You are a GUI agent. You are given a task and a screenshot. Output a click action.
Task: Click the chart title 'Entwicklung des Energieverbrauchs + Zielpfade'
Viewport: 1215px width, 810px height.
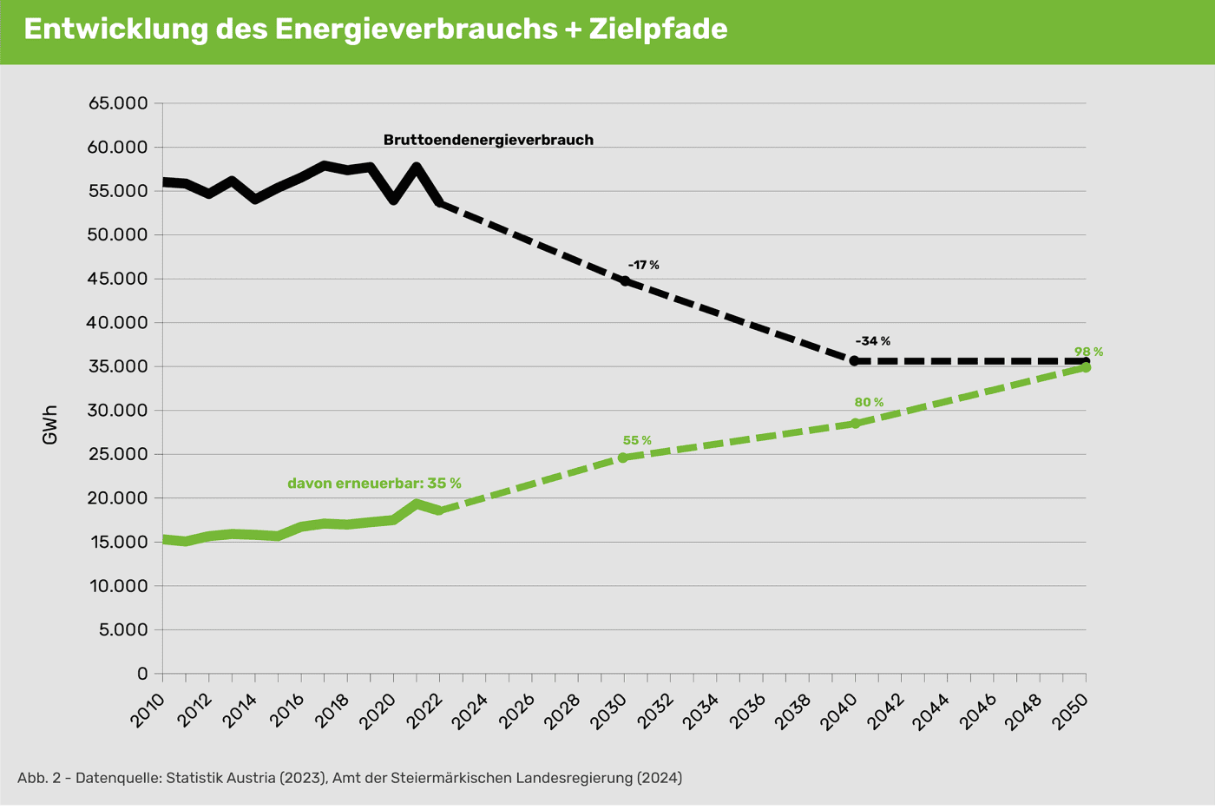click(375, 30)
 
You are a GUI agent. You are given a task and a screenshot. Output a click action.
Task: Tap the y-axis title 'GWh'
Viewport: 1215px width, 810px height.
click(49, 425)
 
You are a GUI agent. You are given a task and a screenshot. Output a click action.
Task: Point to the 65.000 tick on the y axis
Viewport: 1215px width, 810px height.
click(118, 103)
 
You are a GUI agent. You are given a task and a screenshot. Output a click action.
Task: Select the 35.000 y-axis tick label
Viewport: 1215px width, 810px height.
click(118, 366)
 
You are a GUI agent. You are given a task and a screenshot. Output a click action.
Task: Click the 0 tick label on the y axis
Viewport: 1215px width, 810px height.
click(142, 674)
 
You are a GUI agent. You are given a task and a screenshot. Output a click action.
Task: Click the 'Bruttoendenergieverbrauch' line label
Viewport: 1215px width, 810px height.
click(488, 140)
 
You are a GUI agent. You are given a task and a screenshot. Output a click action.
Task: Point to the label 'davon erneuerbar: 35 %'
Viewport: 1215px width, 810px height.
click(374, 484)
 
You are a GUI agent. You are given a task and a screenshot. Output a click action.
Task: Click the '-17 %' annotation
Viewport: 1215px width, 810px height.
click(643, 265)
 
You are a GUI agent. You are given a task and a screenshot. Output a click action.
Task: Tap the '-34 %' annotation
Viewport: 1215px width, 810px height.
click(872, 341)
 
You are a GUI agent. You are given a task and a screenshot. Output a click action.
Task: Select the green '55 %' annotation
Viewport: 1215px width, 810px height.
click(636, 441)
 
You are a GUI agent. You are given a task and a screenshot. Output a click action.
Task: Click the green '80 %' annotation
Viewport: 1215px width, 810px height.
click(868, 403)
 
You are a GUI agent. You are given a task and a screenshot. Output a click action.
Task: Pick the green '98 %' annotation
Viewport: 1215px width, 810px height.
click(1088, 352)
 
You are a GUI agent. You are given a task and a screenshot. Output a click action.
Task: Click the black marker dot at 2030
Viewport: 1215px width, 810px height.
click(625, 281)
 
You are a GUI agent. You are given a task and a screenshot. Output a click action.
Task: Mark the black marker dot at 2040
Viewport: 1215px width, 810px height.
click(855, 360)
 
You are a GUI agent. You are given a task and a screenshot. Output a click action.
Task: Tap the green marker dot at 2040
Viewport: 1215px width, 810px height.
click(855, 424)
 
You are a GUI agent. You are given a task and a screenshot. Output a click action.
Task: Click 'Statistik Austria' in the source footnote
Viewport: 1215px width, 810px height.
click(220, 778)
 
